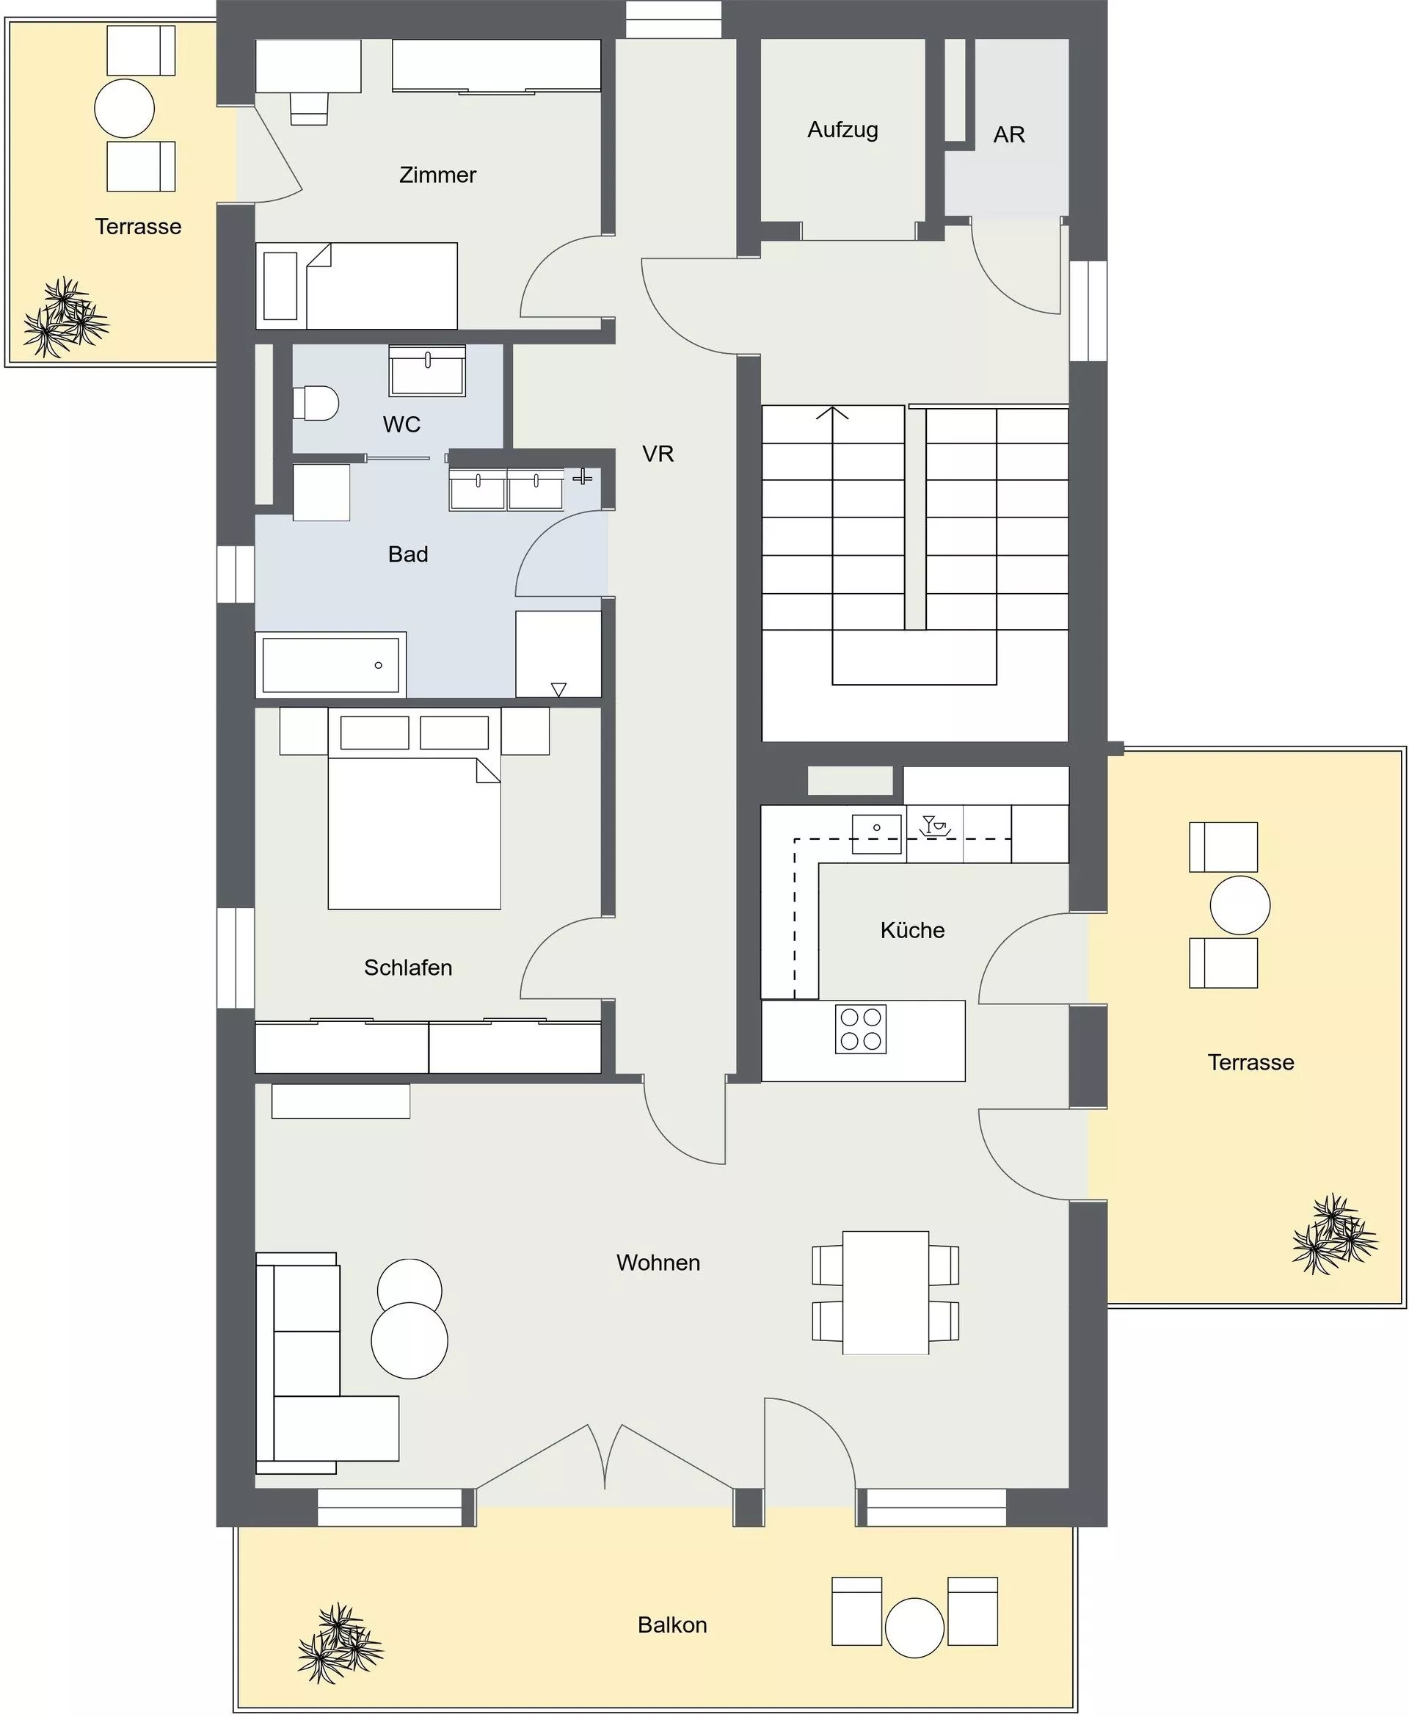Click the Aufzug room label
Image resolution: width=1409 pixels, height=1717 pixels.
click(842, 130)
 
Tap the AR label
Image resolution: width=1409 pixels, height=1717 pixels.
click(1009, 135)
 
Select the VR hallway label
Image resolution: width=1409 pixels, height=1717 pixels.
click(658, 454)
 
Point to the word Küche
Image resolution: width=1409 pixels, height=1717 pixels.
click(912, 929)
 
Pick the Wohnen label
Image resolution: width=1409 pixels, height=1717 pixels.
click(658, 1263)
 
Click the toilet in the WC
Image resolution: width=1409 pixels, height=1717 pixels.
click(315, 403)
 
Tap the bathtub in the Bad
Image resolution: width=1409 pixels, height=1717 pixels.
click(331, 665)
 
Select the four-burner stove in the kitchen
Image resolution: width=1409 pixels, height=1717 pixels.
click(860, 1029)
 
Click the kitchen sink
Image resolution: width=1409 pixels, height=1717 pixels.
click(876, 834)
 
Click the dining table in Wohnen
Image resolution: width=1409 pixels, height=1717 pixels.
click(886, 1293)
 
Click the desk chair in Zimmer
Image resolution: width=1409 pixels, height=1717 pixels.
click(308, 108)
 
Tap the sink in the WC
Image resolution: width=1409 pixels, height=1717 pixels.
click(427, 371)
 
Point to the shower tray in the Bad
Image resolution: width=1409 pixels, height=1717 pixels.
click(558, 654)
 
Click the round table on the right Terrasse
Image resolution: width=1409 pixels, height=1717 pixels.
click(1240, 905)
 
